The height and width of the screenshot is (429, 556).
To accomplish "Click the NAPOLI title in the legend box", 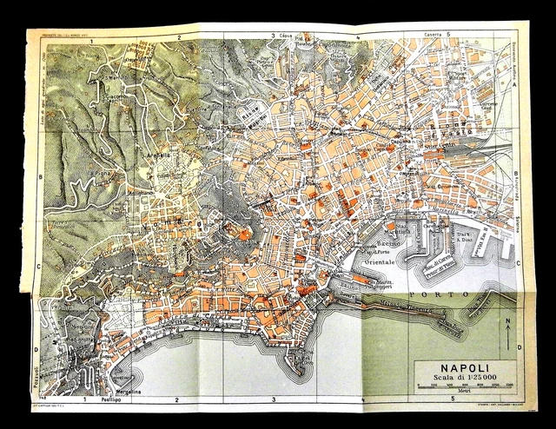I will [453, 366].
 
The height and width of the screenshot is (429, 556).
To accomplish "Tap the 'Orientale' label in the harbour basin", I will [377, 261].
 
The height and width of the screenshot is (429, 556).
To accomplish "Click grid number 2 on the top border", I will [177, 37].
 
